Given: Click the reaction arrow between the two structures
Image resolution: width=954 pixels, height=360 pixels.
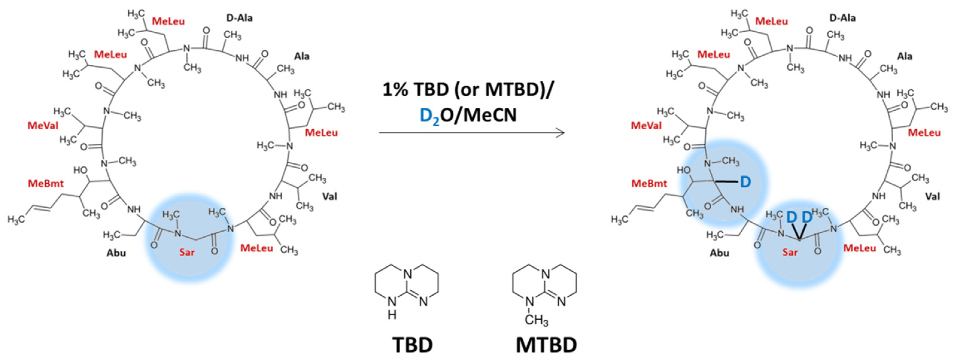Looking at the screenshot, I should (471, 132).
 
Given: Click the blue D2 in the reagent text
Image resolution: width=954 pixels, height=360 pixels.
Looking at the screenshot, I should (430, 116).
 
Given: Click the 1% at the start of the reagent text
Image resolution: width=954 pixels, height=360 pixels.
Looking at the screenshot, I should (396, 90).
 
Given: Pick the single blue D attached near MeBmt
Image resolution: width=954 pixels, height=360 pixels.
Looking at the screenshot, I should (745, 182).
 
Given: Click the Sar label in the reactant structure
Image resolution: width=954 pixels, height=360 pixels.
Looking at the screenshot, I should (187, 252).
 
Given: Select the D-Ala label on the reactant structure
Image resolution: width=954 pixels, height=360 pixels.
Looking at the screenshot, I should (240, 18).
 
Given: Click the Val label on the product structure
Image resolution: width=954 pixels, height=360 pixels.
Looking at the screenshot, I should (932, 196).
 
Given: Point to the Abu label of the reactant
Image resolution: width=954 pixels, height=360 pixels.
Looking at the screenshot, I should (116, 253).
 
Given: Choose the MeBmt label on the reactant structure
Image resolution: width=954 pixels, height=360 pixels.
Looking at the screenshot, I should (45, 183).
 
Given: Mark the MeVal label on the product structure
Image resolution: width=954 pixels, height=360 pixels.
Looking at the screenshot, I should (646, 126).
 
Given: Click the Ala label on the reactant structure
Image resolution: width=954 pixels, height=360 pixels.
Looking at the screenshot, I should (302, 56).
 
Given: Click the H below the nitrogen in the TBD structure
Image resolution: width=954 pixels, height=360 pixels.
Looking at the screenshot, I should (392, 315).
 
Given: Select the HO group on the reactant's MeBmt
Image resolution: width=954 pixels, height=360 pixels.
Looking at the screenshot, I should (80, 170).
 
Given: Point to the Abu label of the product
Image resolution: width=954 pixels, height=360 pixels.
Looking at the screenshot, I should (719, 253).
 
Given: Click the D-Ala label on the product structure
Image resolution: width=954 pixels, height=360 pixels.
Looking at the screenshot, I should (842, 18).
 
